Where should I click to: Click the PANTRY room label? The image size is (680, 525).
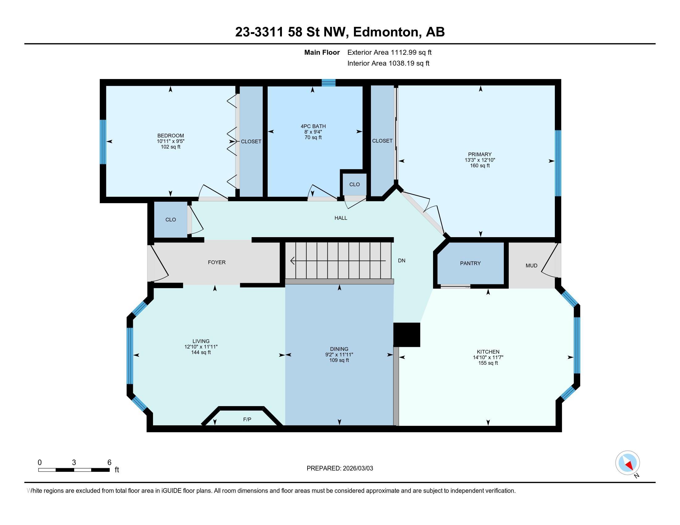470,263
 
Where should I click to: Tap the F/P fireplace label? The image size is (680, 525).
247,420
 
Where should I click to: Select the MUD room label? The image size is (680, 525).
532,266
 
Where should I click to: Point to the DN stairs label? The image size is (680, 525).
402,261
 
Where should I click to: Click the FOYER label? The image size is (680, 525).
217,262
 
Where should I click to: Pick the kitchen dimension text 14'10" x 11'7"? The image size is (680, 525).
488,357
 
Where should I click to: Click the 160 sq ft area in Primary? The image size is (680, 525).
480,166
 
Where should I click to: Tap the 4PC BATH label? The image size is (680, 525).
313,126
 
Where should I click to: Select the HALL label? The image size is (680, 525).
341,218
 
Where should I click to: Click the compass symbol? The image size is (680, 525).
627,463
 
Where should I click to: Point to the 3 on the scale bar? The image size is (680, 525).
74,463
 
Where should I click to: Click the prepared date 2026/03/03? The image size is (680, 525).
358,468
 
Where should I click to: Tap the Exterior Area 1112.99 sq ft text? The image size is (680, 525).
389,52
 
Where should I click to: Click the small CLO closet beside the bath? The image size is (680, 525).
354,184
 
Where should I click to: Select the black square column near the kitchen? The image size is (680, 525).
407,335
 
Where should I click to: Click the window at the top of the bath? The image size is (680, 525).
329,82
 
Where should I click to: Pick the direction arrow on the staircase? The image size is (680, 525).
338,261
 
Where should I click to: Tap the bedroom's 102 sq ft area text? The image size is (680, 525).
171,147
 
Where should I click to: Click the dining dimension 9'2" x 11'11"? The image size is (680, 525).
339,355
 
